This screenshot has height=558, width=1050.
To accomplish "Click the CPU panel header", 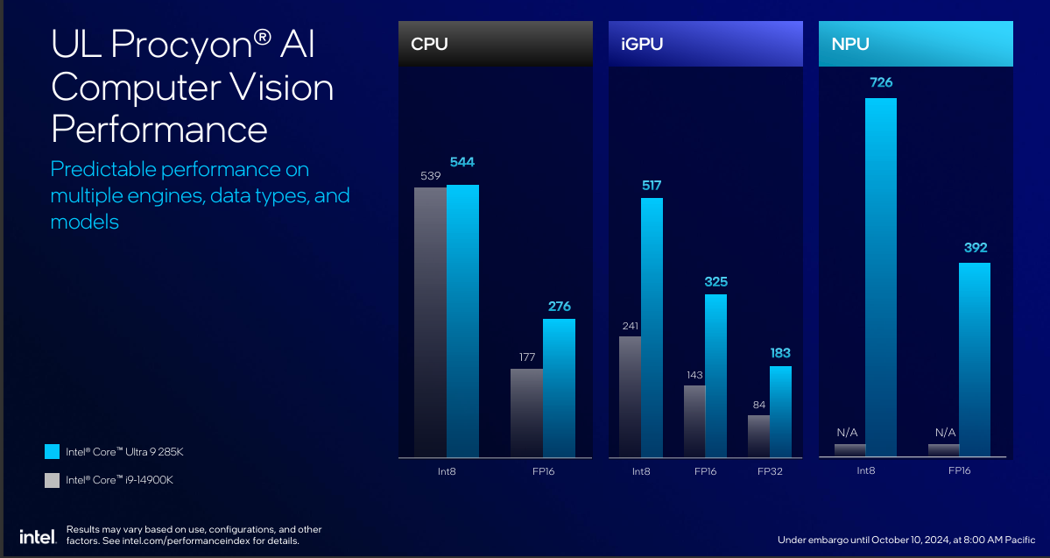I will tap(495, 43).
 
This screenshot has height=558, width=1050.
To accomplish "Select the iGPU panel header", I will tap(705, 43).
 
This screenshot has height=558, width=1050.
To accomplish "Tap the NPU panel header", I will tap(915, 43).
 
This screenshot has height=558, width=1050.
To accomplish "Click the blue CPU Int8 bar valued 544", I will tap(462, 321).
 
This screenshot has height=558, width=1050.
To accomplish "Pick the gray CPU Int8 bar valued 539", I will tap(430, 322).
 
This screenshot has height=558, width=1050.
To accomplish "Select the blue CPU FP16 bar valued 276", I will tap(559, 387).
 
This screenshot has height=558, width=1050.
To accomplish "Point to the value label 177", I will tap(526, 357).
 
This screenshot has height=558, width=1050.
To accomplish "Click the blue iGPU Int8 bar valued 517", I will tap(652, 327).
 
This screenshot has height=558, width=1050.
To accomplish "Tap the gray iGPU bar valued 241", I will tap(630, 396).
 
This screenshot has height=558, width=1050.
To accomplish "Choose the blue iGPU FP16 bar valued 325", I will tap(715, 375).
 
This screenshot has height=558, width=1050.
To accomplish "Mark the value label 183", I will tap(779, 353).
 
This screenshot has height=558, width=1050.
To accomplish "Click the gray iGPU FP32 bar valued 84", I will tap(758, 435).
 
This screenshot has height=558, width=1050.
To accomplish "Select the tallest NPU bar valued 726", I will tap(881, 277).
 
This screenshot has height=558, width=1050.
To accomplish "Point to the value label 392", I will tap(976, 248).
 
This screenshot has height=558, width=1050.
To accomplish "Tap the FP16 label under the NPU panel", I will tap(959, 471).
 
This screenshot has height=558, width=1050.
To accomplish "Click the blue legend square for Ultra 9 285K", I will tap(52, 452).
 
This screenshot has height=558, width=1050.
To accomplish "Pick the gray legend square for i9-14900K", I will tap(52, 480).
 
